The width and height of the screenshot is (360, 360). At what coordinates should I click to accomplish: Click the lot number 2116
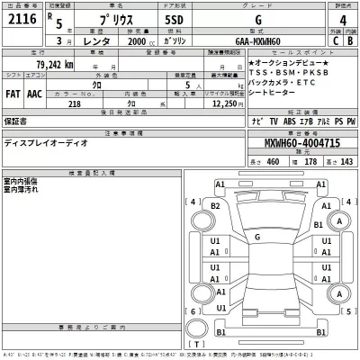(x=19, y=20)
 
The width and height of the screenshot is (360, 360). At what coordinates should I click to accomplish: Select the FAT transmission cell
(x=13, y=93)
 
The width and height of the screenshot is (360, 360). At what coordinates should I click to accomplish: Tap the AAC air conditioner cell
(x=35, y=93)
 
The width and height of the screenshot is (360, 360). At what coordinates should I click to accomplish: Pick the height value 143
(x=346, y=162)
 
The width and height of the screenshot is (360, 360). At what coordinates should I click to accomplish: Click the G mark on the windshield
(x=256, y=236)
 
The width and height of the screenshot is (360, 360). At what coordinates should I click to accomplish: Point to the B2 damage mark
(x=215, y=206)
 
